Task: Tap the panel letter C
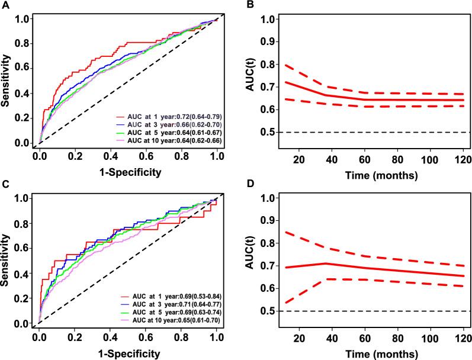click(5, 185)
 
